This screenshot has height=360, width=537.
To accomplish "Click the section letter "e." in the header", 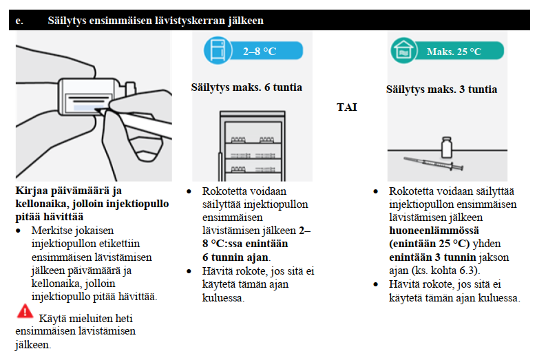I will point(19,21).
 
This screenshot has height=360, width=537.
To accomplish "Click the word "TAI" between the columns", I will point(348,107).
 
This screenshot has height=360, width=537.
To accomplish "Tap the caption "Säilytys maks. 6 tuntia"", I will point(246,87).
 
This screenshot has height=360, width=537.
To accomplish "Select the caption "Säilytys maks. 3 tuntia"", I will point(441,89).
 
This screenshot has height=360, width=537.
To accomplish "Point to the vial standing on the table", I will point(446,147).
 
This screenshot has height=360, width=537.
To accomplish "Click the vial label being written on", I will point(82,104).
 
